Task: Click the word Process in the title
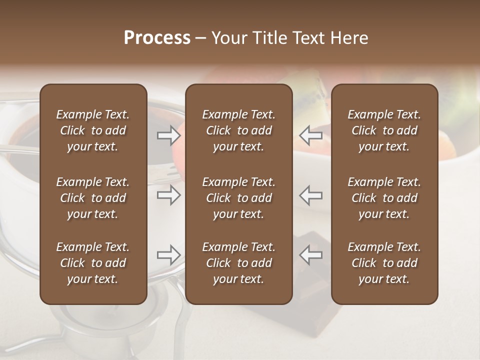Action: [157, 38]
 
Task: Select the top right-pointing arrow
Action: [168, 135]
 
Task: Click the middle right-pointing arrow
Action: [168, 195]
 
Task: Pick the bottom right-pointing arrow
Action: [168, 255]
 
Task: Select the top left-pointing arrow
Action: [310, 135]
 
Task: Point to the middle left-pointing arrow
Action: [310, 195]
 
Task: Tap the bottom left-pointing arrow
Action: [310, 255]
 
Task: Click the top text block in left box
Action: [93, 130]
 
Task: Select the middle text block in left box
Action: [93, 198]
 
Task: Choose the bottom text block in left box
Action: [93, 263]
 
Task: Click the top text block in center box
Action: [238, 130]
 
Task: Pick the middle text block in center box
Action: [238, 198]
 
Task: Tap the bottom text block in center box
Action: [238, 263]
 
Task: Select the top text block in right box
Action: [384, 130]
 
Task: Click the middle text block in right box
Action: [384, 198]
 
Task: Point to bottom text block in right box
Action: [384, 263]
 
